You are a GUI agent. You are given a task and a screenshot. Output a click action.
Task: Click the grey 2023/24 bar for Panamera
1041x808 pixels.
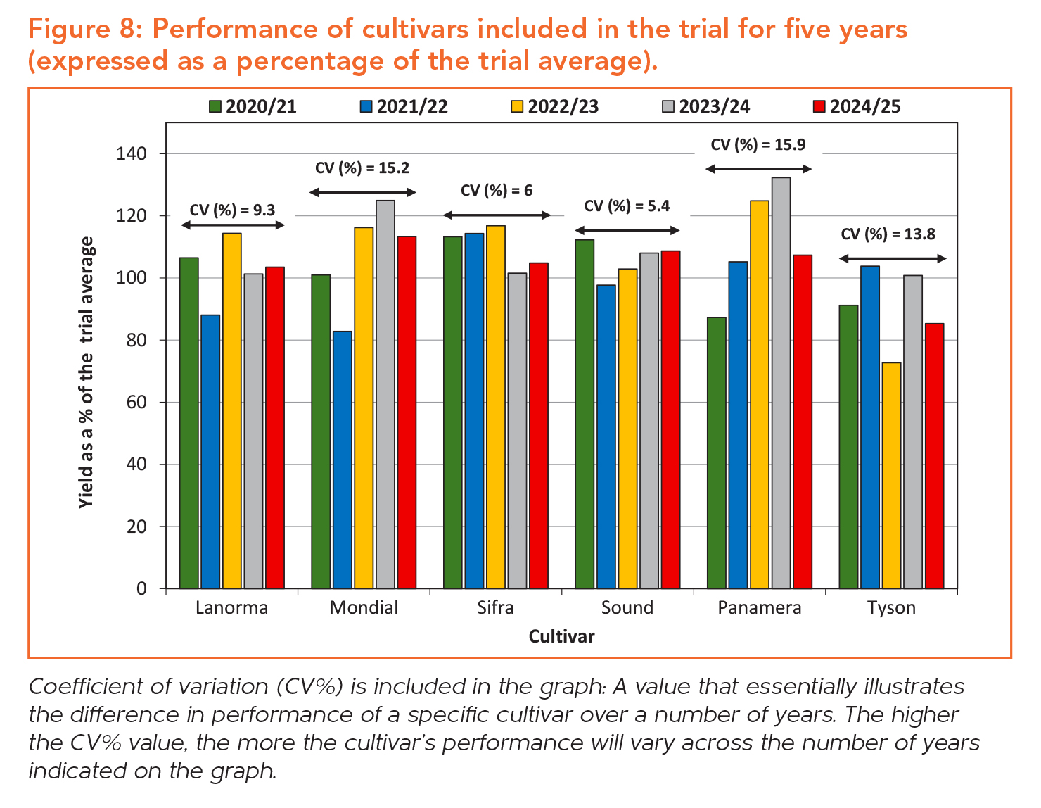click(781, 383)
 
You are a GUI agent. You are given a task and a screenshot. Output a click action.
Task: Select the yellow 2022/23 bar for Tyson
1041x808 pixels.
click(891, 475)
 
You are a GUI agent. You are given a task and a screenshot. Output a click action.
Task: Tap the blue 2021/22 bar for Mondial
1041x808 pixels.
click(342, 460)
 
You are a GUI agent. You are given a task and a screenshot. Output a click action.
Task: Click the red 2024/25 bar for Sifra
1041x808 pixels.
click(539, 425)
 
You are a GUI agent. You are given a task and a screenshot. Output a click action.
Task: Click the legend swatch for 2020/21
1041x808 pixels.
click(215, 107)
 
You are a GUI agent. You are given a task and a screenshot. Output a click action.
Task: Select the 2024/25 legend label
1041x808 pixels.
click(865, 107)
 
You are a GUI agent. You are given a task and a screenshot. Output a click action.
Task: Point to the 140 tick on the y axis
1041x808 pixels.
click(132, 153)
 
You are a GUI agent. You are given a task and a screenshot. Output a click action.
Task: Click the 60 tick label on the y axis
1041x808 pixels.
click(136, 403)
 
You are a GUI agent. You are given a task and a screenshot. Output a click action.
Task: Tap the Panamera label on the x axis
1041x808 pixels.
click(760, 608)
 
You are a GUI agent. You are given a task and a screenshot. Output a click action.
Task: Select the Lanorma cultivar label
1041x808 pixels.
click(232, 608)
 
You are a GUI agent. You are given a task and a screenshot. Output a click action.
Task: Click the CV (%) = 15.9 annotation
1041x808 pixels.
click(758, 145)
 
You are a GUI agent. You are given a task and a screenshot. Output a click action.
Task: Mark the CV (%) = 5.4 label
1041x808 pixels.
click(627, 206)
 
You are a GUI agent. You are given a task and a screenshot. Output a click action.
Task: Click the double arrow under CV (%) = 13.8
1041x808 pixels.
click(893, 259)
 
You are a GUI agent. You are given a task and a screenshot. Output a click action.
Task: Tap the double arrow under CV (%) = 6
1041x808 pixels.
click(497, 215)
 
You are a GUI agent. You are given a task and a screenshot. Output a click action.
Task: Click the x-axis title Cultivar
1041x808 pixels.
click(561, 637)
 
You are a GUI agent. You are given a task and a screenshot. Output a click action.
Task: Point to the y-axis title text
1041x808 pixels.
click(87, 372)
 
